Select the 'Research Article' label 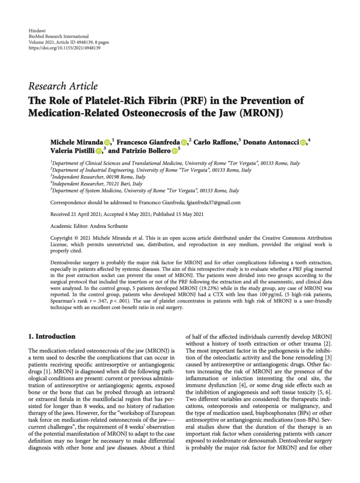(x=63, y=86)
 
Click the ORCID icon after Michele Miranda (x=107, y=142)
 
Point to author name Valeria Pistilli (x=72, y=151)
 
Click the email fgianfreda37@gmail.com (x=214, y=203)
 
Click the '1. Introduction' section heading (x=52, y=337)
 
